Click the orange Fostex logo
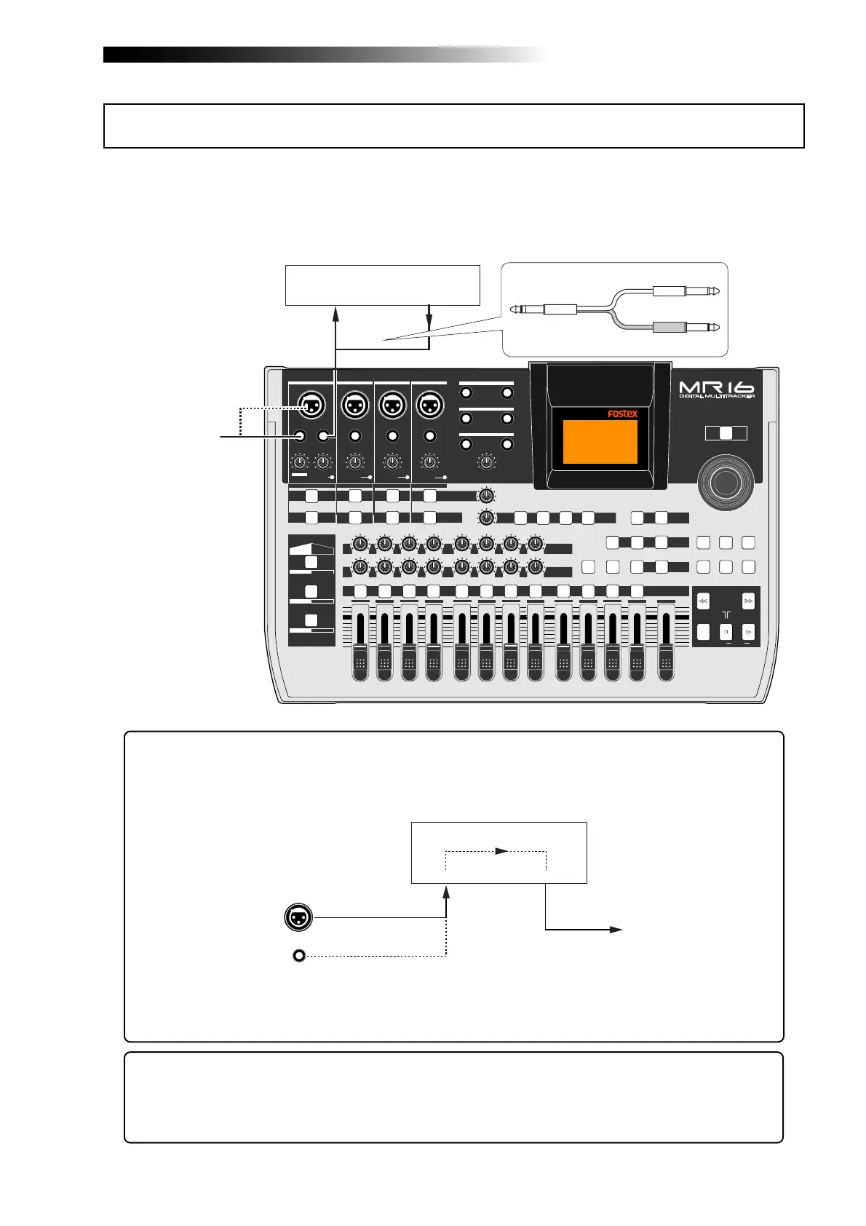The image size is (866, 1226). [622, 414]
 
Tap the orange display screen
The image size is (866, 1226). [600, 442]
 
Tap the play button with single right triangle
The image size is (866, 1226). [748, 632]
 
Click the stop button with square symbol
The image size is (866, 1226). [726, 632]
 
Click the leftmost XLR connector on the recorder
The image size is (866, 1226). [311, 403]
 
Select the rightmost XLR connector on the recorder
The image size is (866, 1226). [429, 403]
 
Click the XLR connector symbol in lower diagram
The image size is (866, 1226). [298, 917]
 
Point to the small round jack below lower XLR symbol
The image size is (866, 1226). [298, 955]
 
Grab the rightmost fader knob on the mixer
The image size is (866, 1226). [665, 663]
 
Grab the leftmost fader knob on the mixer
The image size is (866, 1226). [359, 663]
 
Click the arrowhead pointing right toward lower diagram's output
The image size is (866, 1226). [616, 930]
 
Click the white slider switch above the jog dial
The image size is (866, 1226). [726, 433]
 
